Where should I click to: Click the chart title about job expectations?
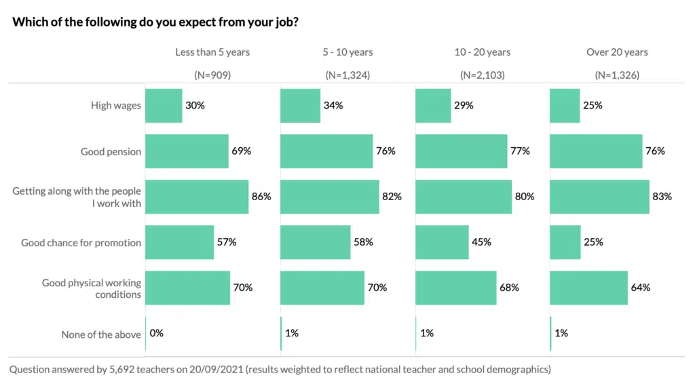(x=156, y=22)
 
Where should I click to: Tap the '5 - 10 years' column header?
(x=347, y=52)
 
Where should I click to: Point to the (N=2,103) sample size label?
(x=483, y=75)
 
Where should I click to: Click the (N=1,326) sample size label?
(x=617, y=75)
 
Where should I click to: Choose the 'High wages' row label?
(x=116, y=106)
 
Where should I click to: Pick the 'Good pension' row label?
(x=111, y=151)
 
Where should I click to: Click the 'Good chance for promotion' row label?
(x=81, y=243)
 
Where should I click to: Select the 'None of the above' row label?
(x=101, y=334)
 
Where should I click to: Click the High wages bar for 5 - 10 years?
(x=300, y=106)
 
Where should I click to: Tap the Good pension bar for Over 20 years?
(x=596, y=151)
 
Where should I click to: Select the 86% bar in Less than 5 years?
(x=197, y=197)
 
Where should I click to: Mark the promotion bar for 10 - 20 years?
(x=442, y=243)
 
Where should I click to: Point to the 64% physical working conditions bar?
(x=588, y=288)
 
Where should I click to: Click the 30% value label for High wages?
(x=195, y=106)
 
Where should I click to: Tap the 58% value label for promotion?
(x=363, y=243)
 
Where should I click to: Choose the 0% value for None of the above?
(x=156, y=333)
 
